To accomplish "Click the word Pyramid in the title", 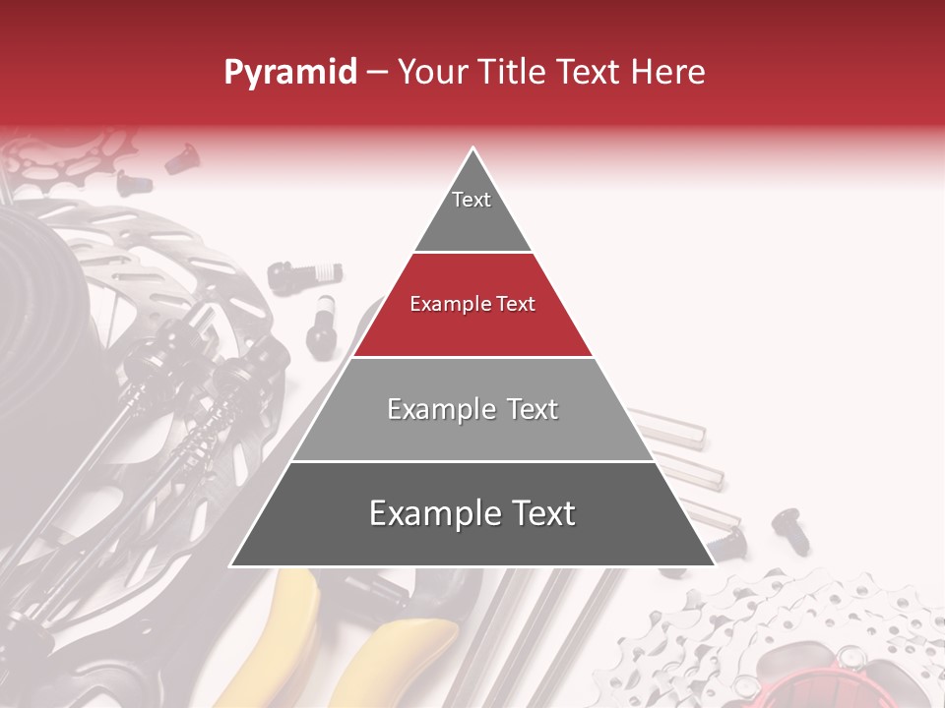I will [x=289, y=72].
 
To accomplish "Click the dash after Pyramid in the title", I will [x=377, y=73].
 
